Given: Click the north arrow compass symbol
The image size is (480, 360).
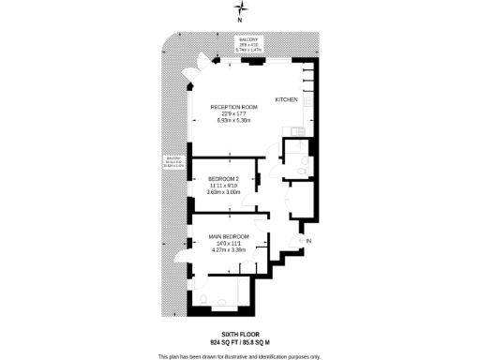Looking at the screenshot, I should (239, 12).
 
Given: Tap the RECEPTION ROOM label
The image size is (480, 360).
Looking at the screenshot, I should (232, 107).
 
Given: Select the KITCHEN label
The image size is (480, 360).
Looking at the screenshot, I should (287, 98).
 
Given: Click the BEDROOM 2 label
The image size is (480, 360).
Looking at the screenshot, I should (224, 179).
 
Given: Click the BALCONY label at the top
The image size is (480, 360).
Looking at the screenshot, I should (247, 39).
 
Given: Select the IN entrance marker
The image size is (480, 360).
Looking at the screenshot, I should (309, 241).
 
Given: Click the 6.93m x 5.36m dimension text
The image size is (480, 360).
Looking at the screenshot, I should (232, 121).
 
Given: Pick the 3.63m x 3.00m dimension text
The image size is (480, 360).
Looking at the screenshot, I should (224, 192).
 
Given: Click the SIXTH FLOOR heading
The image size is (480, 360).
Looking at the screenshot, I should (239, 333).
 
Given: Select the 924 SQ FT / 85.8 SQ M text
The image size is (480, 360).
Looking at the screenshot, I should (239, 341).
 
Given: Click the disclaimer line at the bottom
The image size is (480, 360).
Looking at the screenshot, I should (239, 356).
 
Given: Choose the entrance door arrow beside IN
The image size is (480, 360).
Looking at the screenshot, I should (299, 241).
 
